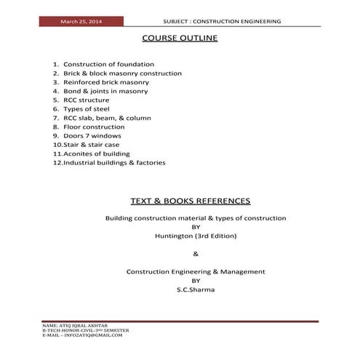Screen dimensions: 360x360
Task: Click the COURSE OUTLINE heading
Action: (180, 37)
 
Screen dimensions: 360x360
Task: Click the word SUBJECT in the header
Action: (181, 22)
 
